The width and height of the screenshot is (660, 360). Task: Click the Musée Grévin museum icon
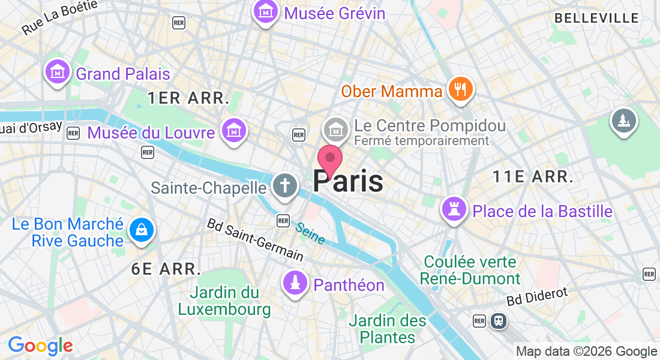[x=265, y=11]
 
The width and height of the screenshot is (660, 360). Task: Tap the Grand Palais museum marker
[x=57, y=72]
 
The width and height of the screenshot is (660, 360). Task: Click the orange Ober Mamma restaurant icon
[x=460, y=90]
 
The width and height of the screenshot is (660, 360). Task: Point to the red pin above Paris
[x=329, y=160]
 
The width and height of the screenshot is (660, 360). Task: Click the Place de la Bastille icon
[x=454, y=209]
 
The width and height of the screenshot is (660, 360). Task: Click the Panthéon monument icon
[x=295, y=283]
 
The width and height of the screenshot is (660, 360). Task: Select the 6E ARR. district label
[x=166, y=269]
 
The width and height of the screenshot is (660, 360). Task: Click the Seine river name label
[x=310, y=233]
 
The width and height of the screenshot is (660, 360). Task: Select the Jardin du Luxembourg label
[x=224, y=301]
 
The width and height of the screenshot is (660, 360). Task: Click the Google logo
[x=40, y=346]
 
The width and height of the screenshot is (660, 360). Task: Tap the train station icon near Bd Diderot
[x=498, y=320]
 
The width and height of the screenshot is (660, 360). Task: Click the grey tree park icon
[x=623, y=121]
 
